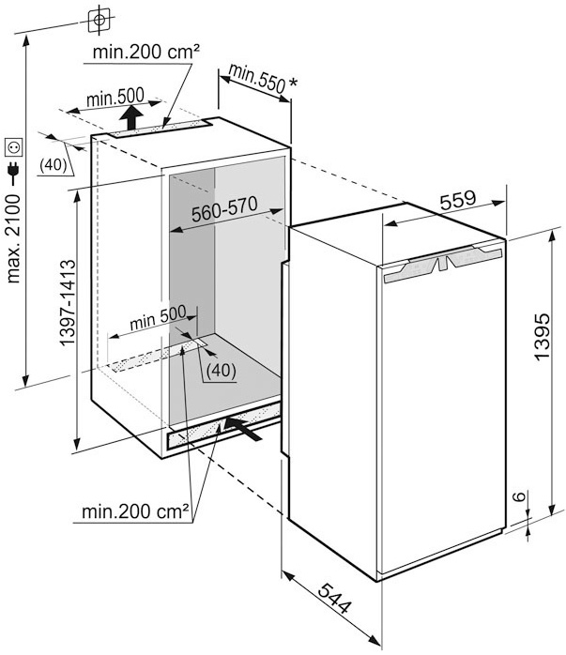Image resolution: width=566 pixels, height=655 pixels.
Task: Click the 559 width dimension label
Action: pos(458,200)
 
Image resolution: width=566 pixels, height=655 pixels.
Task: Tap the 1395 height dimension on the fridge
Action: pos(542,335)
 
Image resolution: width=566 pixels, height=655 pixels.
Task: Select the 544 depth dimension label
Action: pos(334,599)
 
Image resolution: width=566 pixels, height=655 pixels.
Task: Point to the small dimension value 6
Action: pos(519,496)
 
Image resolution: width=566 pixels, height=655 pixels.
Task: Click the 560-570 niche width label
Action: pos(224,208)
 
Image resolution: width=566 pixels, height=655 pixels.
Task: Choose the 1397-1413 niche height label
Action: pos(68,302)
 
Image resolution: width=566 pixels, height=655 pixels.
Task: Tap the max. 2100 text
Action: pos(13,238)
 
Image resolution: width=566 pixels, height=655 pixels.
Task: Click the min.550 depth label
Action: pos(256,78)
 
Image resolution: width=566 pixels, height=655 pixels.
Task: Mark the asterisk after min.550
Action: pos(293,82)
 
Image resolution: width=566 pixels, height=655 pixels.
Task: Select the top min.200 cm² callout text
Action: pos(145,52)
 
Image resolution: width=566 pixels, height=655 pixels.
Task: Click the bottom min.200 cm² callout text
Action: pos(135,510)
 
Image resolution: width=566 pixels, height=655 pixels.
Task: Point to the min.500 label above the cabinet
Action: pos(115,98)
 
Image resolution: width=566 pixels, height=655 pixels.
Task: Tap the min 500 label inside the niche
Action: pos(158,318)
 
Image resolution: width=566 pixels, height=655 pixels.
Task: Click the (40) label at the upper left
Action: pos(54,165)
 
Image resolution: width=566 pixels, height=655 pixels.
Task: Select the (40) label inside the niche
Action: pos(221,370)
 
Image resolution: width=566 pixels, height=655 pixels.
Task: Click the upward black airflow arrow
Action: pos(131,117)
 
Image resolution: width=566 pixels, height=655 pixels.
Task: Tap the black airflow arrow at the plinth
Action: pos(243,428)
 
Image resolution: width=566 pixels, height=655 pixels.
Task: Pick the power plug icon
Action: pos(13,173)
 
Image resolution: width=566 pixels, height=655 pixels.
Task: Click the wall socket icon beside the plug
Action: pos(13,147)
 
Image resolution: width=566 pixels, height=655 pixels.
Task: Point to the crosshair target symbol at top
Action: pos(99,20)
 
